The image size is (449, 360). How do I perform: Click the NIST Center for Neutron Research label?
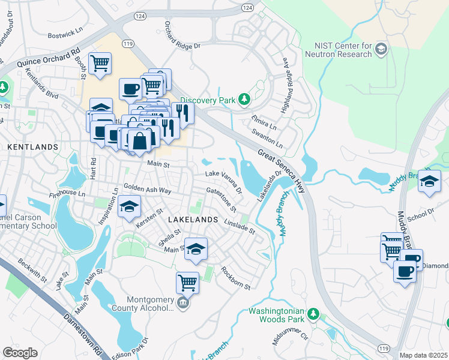pos(343,50)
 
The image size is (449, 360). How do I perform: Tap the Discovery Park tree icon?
pos(244,99)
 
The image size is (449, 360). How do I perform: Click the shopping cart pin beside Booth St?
pos(100,63)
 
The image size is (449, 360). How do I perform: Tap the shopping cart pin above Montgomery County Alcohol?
pos(187,283)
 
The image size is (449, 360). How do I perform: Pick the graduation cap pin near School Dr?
pos(429,181)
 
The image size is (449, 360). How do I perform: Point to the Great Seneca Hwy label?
pos(281,171)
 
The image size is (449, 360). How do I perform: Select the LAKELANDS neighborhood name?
pos(192,220)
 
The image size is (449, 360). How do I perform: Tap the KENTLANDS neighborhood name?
pos(32,146)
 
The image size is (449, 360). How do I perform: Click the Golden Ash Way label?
pos(148,190)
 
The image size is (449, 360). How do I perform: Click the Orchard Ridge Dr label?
pos(190,35)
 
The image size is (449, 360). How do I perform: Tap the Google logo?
pos(20,353)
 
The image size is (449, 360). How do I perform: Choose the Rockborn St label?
pos(235,278)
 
